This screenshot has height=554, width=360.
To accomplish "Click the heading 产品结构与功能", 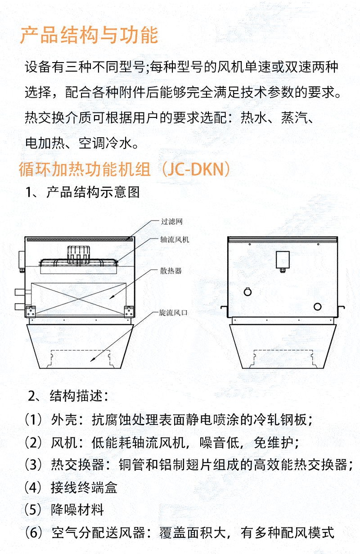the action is point(89,35).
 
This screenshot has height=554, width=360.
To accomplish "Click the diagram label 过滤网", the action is point(172,221).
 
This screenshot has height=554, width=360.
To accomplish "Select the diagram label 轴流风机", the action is point(175,239).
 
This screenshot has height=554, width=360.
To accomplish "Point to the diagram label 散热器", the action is point(171,271).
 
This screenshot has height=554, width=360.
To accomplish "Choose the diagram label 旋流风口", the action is point(173,313).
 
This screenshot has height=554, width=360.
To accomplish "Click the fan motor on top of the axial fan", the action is point(79,255).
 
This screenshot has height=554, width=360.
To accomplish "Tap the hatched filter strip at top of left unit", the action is point(80,239).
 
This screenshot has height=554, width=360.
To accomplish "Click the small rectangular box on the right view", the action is point(283,259).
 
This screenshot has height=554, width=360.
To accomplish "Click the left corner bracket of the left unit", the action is point(31,311).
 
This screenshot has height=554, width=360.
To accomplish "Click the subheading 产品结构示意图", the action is point(93,192).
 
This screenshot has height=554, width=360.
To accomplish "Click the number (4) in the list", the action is point(33,487).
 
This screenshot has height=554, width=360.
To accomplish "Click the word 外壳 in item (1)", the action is point(64,420).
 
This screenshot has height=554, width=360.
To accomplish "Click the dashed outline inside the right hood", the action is point(283,350).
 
